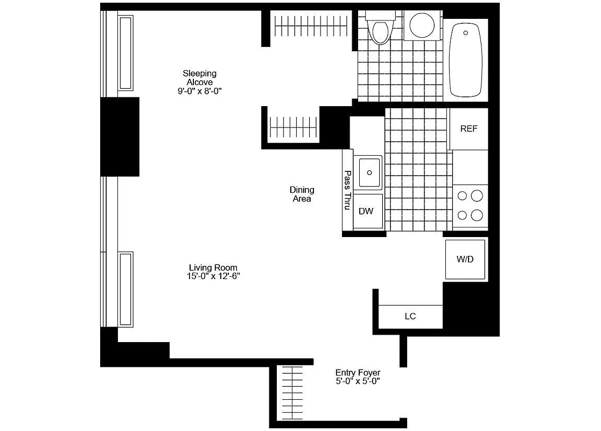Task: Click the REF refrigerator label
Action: [x=469, y=129]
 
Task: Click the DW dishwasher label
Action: [x=366, y=211]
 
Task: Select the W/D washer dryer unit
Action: [x=465, y=259]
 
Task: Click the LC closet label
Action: [x=410, y=316]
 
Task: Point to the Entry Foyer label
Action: [x=358, y=372]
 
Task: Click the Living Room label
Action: [x=213, y=267]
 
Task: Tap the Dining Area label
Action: [x=302, y=194]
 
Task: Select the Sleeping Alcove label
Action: [x=199, y=78]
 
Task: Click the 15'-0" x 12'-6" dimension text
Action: [x=213, y=276]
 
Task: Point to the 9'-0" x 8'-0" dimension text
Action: [x=199, y=92]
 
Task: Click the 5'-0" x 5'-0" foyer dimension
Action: [x=358, y=381]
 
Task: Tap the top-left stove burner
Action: [x=462, y=196]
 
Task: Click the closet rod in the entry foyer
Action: [x=293, y=393]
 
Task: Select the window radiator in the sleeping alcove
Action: [x=125, y=52]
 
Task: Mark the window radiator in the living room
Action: [x=126, y=288]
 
